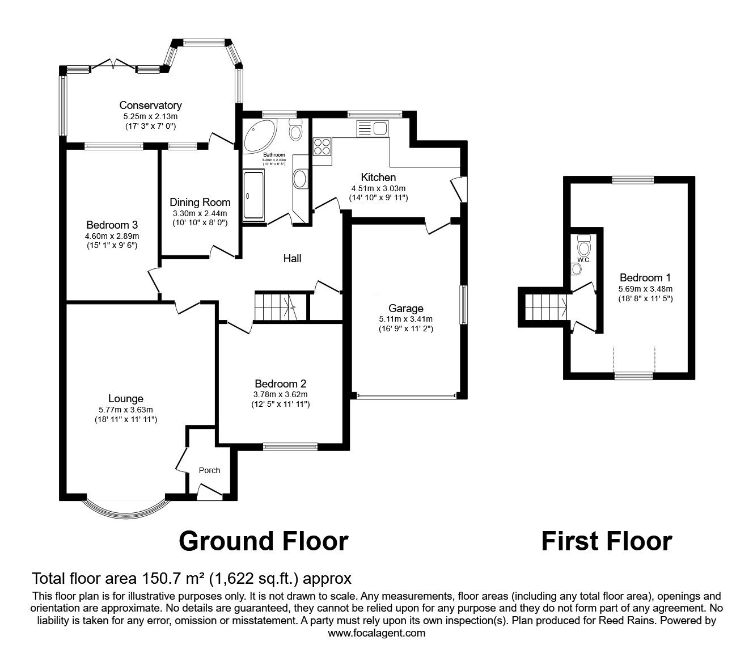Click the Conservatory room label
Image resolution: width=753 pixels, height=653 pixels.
coord(150,105)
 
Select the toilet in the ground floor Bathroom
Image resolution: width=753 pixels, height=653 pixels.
coord(295,130)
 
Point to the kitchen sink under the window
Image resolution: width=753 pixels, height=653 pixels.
coord(371,129)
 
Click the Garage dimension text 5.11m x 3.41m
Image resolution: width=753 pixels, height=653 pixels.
coord(405,319)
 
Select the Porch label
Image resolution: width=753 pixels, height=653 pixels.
coord(209,470)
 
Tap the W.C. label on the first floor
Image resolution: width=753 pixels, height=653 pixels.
coord(584,260)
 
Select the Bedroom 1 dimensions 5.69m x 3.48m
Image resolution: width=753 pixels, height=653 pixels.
coord(645,288)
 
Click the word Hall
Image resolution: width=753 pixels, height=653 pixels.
coord(292,259)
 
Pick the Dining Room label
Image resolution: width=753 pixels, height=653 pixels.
coord(200,203)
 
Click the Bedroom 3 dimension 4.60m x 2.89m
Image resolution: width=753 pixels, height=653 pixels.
coord(112,235)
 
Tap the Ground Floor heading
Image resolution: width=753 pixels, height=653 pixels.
coord(263,541)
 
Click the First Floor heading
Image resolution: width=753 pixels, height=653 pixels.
coord(606,541)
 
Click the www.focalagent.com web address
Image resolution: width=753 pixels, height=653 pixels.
coord(376,633)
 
